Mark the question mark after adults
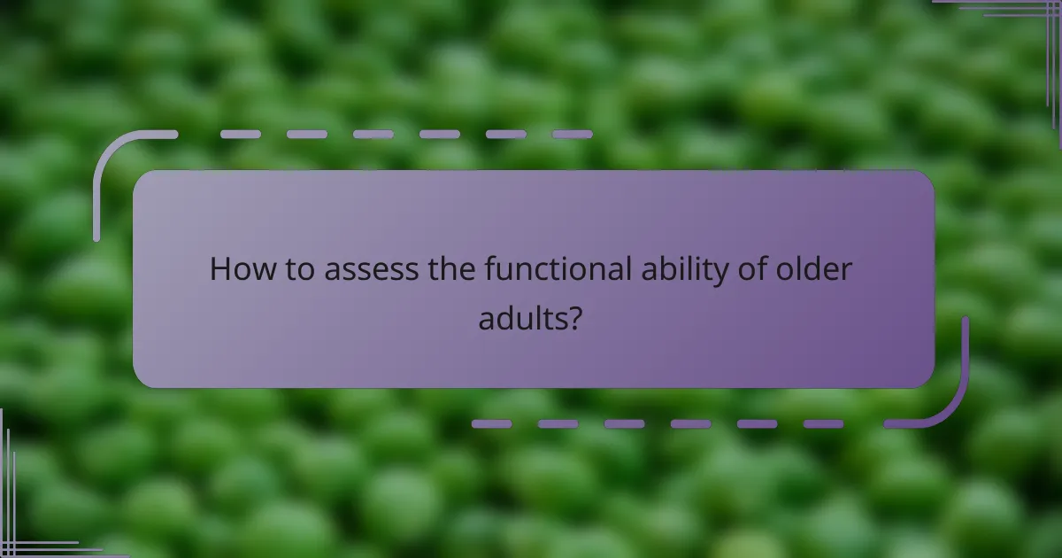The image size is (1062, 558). [x=575, y=317]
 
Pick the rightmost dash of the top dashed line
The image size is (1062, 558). [x=572, y=135]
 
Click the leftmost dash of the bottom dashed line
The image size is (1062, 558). [x=491, y=424]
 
